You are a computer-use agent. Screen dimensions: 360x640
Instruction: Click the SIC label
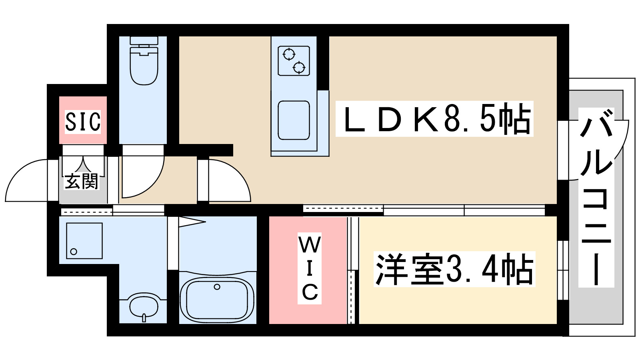(83, 122)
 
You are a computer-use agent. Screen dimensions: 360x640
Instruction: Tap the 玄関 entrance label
(82, 182)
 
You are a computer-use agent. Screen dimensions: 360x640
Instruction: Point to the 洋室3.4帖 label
(454, 269)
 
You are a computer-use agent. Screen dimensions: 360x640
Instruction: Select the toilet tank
(144, 40)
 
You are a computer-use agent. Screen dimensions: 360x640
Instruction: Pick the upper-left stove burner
(289, 54)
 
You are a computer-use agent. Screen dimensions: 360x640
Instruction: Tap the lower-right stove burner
(299, 68)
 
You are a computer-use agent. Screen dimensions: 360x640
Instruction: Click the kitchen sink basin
(294, 120)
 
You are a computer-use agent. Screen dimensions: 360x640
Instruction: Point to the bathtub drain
(217, 287)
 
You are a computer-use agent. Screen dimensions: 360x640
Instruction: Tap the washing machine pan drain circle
(74, 252)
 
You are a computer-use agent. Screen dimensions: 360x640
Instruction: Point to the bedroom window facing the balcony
(563, 270)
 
